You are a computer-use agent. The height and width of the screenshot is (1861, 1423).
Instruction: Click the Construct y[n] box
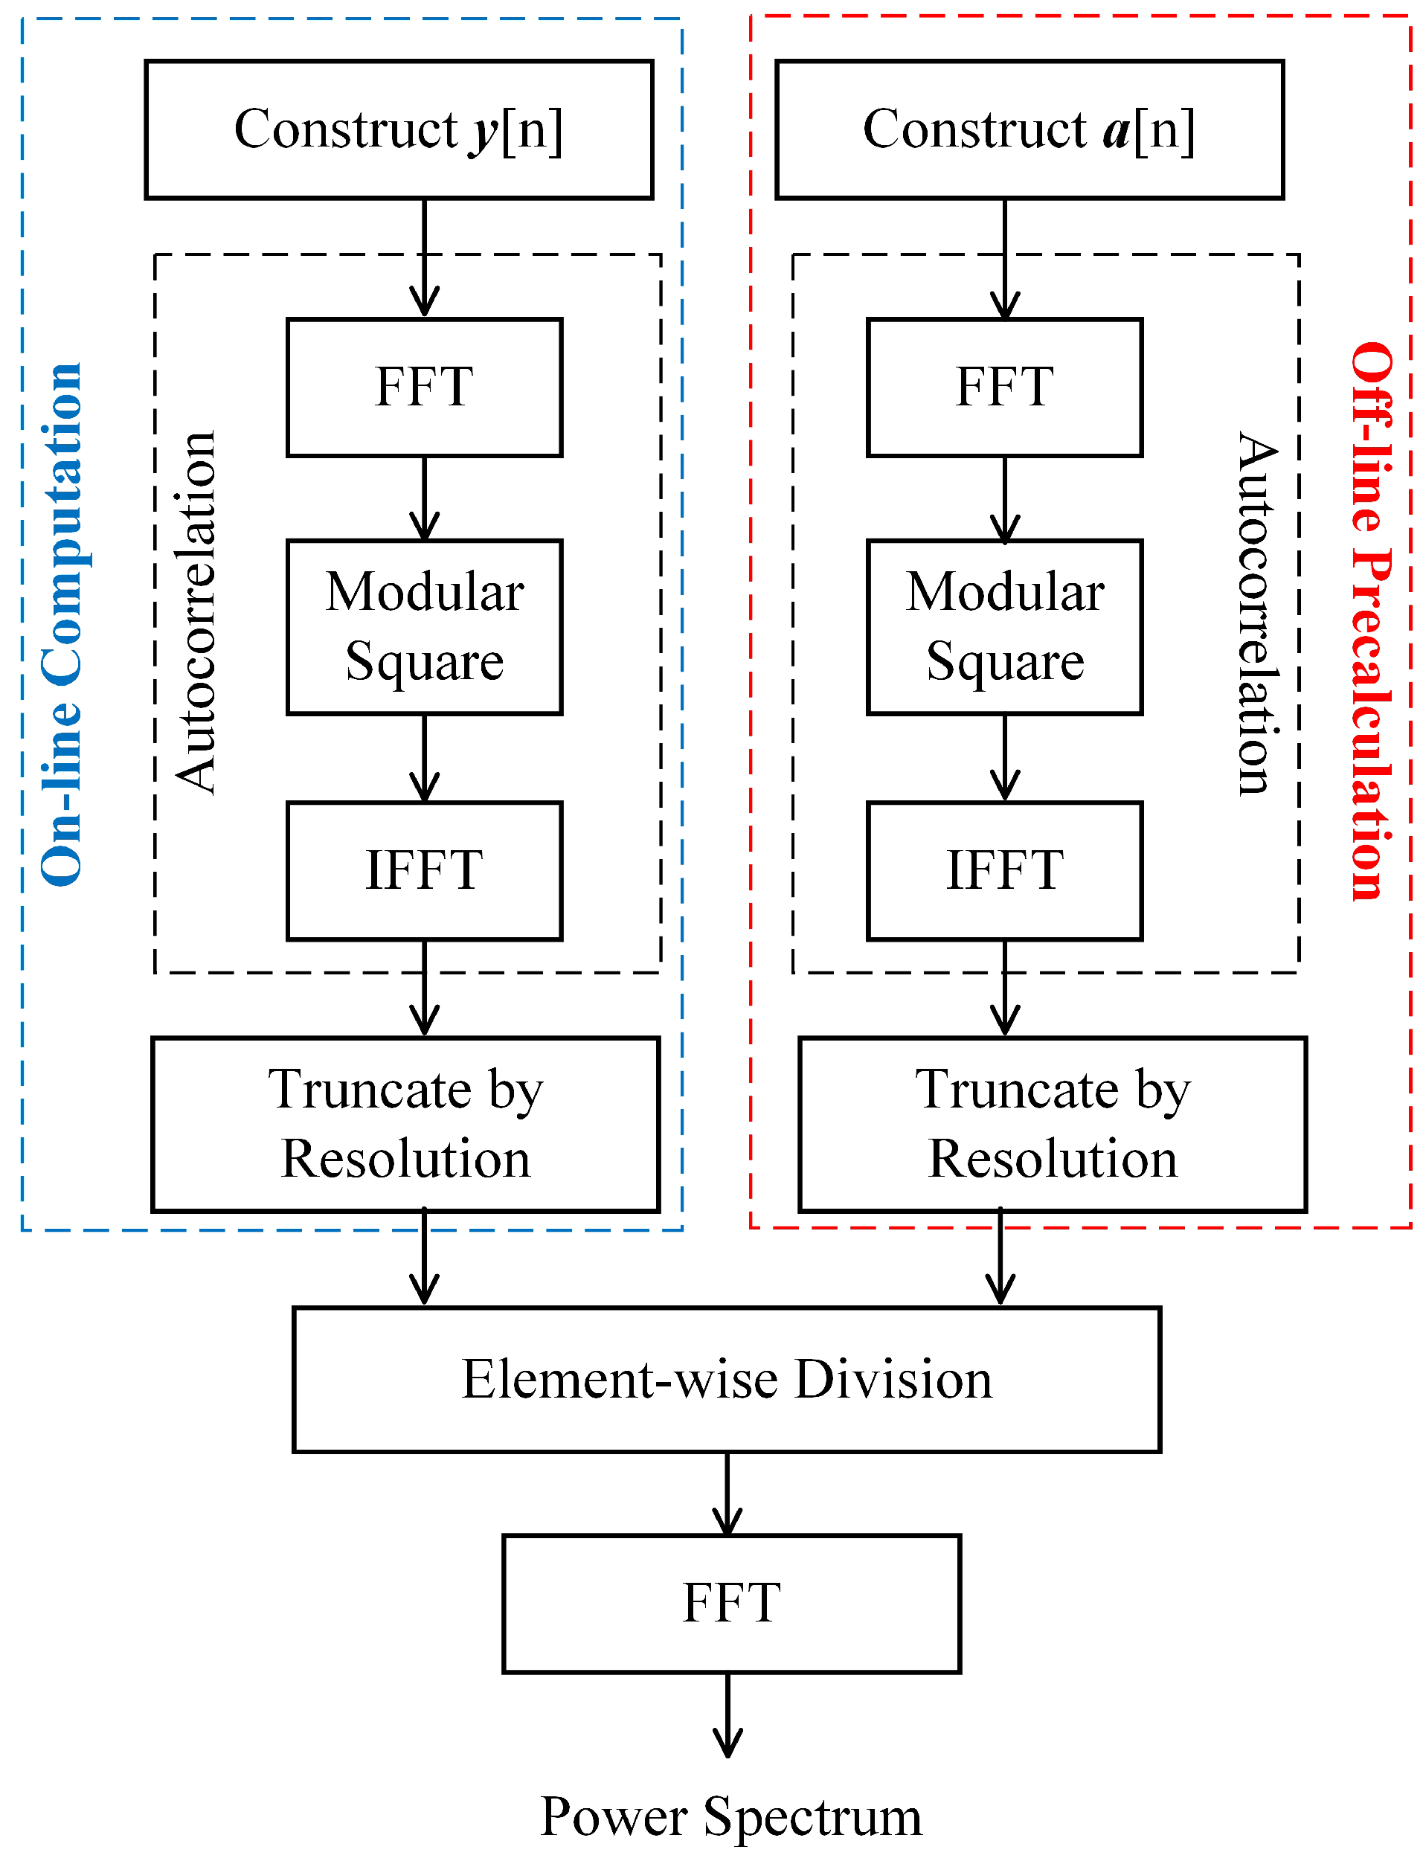(398, 129)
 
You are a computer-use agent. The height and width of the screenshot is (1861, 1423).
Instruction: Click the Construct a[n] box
(1029, 129)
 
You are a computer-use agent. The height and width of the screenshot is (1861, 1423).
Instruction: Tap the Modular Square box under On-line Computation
(423, 627)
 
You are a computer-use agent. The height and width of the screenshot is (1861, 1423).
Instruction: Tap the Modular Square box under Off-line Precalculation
(1004, 627)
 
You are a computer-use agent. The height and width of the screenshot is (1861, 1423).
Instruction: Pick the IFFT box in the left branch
(423, 871)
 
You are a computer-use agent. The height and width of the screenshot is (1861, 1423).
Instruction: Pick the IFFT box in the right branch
(1004, 871)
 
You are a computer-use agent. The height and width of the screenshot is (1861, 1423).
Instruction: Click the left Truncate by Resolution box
(405, 1124)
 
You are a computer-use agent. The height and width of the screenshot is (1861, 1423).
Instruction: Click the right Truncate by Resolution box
(1052, 1124)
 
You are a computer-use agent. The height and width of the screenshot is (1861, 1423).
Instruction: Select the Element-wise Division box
(726, 1380)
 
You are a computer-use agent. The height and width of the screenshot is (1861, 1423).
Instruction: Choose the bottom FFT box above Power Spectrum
(731, 1604)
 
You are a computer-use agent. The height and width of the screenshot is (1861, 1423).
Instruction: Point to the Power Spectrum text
(731, 1816)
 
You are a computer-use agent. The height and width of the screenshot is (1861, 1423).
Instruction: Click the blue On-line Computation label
(62, 624)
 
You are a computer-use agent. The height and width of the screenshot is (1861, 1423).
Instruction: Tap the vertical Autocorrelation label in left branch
(196, 612)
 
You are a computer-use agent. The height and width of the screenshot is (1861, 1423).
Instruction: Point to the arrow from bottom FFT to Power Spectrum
(727, 1714)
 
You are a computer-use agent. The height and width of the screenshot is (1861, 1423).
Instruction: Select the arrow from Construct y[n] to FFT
(423, 258)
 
